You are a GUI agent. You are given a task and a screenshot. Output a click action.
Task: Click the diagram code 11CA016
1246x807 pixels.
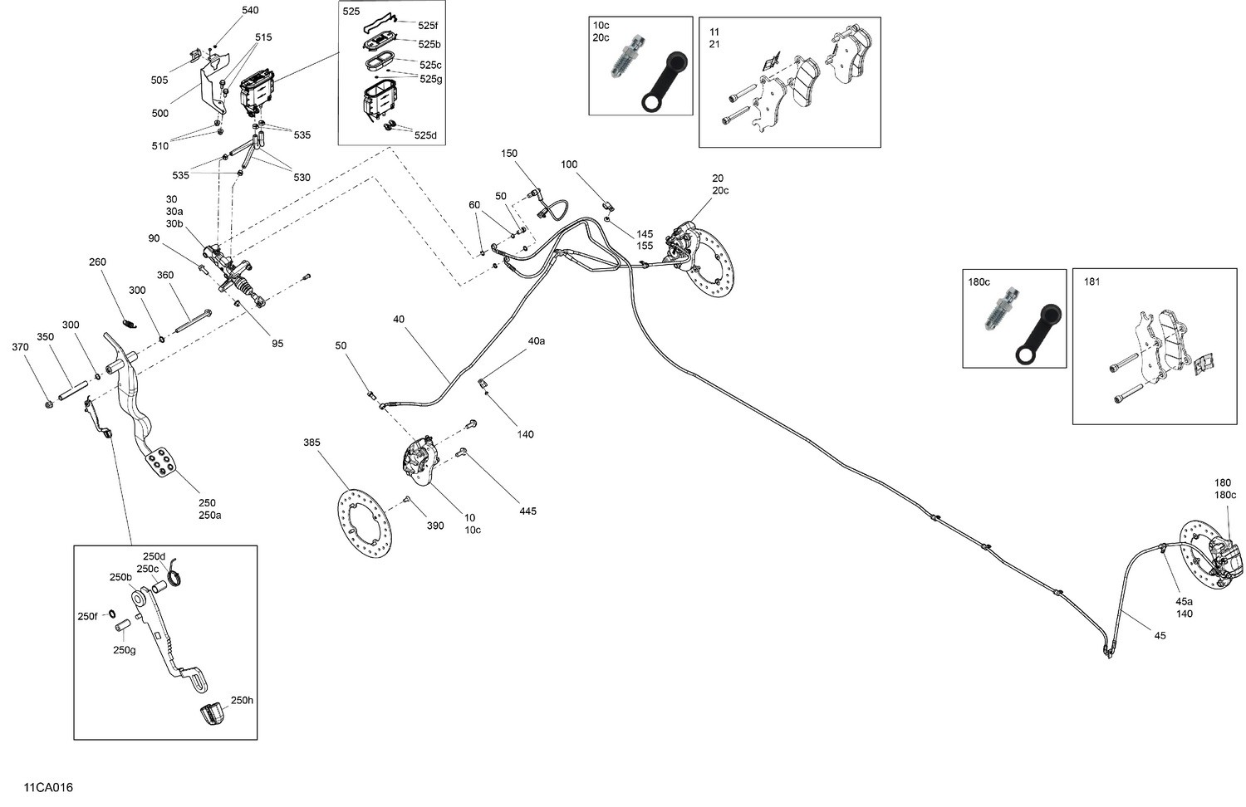(48, 787)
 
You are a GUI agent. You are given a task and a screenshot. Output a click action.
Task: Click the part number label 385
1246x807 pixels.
(311, 443)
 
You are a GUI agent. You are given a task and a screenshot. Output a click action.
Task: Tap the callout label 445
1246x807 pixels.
(527, 511)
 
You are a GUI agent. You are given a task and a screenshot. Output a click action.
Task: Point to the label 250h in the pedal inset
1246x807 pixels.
(242, 700)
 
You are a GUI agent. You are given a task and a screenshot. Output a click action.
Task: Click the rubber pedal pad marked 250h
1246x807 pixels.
(213, 714)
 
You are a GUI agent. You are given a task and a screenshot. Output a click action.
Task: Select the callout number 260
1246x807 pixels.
(98, 262)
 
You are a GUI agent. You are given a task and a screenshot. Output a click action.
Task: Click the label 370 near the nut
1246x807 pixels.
(20, 347)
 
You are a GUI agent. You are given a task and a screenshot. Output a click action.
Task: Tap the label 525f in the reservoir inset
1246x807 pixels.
(428, 26)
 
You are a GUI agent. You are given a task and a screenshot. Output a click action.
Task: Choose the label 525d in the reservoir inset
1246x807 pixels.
(425, 135)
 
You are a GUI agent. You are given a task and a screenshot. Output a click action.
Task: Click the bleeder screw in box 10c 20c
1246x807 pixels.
(622, 64)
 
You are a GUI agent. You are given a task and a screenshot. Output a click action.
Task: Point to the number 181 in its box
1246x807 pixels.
(1091, 281)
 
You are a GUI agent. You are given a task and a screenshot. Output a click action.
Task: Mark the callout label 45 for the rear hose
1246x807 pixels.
(1160, 635)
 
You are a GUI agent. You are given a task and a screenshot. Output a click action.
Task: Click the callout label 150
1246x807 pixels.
(508, 154)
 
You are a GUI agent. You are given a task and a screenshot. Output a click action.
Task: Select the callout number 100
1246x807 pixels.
(568, 164)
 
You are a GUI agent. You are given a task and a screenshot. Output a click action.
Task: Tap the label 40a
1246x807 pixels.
(536, 340)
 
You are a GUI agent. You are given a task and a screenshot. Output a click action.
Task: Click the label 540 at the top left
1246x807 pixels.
(250, 10)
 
